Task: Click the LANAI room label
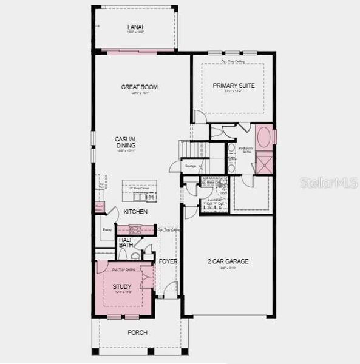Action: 134,27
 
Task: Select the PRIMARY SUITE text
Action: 233,86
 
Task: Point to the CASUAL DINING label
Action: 126,143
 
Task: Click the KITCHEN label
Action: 135,212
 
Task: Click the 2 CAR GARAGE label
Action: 228,261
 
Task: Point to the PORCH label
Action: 137,332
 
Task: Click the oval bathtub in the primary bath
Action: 264,138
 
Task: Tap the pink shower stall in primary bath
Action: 264,164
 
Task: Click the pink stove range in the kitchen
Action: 135,230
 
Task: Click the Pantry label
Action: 107,230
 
